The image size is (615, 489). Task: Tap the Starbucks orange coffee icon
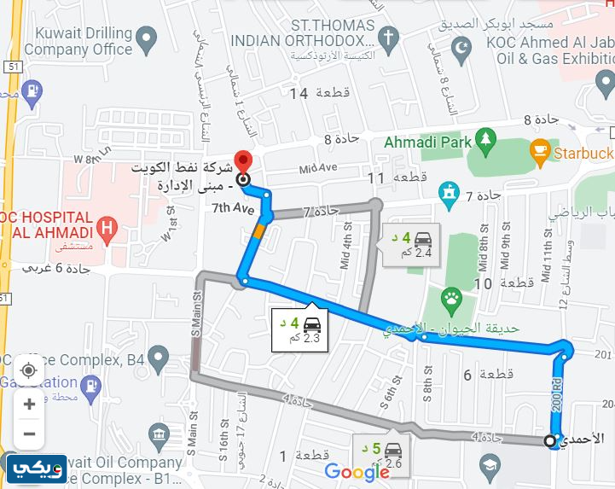[x=539, y=153]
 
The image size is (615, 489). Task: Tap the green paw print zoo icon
[x=450, y=299]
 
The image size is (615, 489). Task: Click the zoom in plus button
[x=29, y=403]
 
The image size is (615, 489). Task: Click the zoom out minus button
[x=29, y=434]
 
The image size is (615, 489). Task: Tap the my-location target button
[x=29, y=370]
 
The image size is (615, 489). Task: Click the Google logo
[x=357, y=472]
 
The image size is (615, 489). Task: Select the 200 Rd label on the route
[x=556, y=394]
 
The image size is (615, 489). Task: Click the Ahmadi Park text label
[x=429, y=142]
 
